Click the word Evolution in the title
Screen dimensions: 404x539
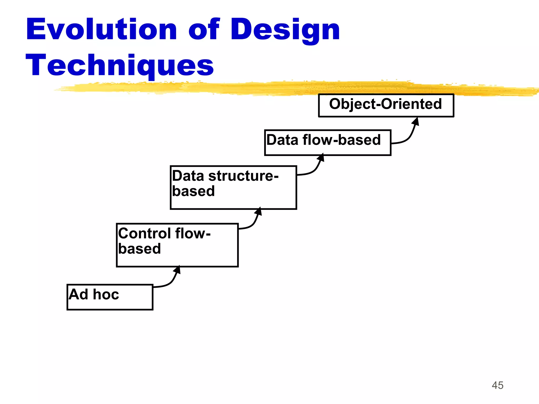pos(101,29)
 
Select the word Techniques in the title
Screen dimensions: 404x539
pos(120,65)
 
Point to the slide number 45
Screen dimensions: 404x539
pos(497,385)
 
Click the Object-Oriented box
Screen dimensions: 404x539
pos(386,105)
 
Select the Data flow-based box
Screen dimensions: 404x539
pos(327,143)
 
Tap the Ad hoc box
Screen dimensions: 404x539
pos(110,297)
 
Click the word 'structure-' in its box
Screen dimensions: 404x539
pos(243,176)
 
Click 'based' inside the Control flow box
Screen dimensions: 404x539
pos(139,249)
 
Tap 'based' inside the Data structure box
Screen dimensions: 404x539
pos(193,191)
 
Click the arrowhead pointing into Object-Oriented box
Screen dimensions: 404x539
pos(416,122)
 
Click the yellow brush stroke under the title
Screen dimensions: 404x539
pos(290,88)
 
